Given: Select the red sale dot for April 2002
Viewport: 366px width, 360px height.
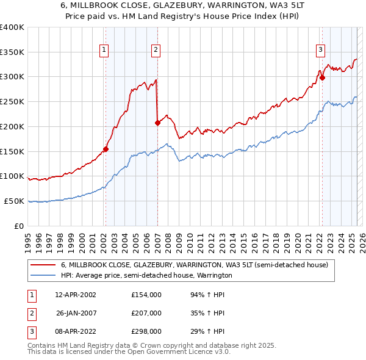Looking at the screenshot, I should [106, 148].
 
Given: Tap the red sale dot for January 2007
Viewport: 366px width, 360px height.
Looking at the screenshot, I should [157, 123].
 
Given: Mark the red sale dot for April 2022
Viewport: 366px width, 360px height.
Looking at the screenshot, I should [322, 77].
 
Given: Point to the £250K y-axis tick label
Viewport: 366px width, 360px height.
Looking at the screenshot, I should [13, 101].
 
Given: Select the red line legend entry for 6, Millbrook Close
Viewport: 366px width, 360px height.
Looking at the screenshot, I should [195, 265].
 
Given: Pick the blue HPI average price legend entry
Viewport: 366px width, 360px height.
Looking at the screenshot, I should [146, 275].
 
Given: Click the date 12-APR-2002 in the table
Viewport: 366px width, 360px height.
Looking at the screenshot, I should [76, 294].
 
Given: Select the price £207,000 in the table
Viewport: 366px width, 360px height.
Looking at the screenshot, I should [146, 313].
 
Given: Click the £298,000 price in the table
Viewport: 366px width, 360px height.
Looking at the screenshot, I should [146, 332].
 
